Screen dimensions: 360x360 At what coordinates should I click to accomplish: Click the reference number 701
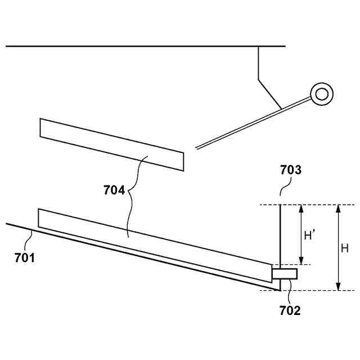[25, 258]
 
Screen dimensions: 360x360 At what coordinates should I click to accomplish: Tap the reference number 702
[290, 309]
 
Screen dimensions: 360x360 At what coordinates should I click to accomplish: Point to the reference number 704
[114, 190]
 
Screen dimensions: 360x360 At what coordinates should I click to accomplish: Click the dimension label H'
[310, 236]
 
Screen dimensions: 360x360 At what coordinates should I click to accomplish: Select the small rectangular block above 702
[284, 273]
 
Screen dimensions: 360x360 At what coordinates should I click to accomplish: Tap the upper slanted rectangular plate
[111, 144]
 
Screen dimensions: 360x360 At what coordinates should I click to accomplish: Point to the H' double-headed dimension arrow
[301, 235]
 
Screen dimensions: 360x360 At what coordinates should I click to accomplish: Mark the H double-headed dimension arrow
[338, 247]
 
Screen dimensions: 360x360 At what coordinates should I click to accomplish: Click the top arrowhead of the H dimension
[338, 209]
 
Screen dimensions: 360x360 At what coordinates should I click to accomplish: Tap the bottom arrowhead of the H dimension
[338, 286]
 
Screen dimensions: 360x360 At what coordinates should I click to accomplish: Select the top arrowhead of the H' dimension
[301, 209]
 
